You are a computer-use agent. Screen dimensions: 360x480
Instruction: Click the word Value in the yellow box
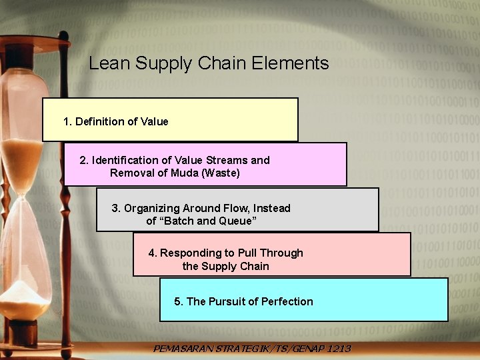(x=154, y=121)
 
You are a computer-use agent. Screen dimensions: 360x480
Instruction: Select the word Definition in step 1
(x=99, y=121)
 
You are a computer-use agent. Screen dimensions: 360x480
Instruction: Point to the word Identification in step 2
(x=123, y=160)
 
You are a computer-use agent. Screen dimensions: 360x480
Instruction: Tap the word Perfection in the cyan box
(x=287, y=301)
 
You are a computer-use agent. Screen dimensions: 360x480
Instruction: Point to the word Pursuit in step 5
(x=227, y=301)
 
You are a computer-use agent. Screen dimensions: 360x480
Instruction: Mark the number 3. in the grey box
(x=116, y=208)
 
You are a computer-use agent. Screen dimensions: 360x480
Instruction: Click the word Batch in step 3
(x=180, y=221)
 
